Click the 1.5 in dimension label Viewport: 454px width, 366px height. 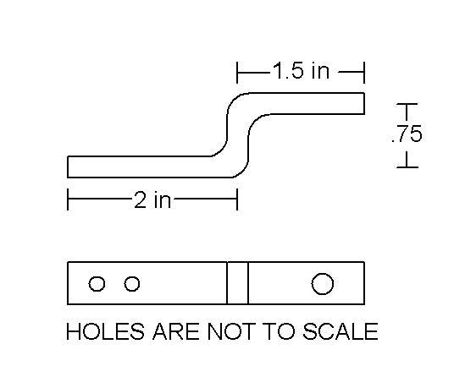(x=302, y=70)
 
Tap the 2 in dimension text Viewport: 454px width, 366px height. (x=152, y=199)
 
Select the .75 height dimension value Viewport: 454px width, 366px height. (x=407, y=134)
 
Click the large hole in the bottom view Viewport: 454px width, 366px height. (x=323, y=284)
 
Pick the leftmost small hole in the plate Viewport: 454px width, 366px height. (x=97, y=284)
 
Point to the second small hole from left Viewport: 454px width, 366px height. (x=132, y=284)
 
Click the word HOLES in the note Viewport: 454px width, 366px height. (x=105, y=331)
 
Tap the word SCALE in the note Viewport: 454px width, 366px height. (x=340, y=331)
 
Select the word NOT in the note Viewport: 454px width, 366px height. (x=231, y=331)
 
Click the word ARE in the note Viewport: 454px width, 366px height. (x=175, y=331)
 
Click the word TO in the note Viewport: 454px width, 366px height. (x=279, y=331)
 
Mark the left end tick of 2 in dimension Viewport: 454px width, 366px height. (x=68, y=199)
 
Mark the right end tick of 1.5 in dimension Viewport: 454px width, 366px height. (x=364, y=72)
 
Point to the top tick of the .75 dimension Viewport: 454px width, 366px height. (x=407, y=104)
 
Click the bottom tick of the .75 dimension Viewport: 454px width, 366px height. (x=407, y=167)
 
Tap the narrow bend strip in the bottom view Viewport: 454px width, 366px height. (x=237, y=283)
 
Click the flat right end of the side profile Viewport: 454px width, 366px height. (x=364, y=103)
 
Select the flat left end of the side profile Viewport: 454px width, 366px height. (x=68, y=167)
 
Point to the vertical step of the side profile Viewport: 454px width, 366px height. (x=237, y=135)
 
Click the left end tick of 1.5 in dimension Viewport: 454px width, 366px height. (x=237, y=72)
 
